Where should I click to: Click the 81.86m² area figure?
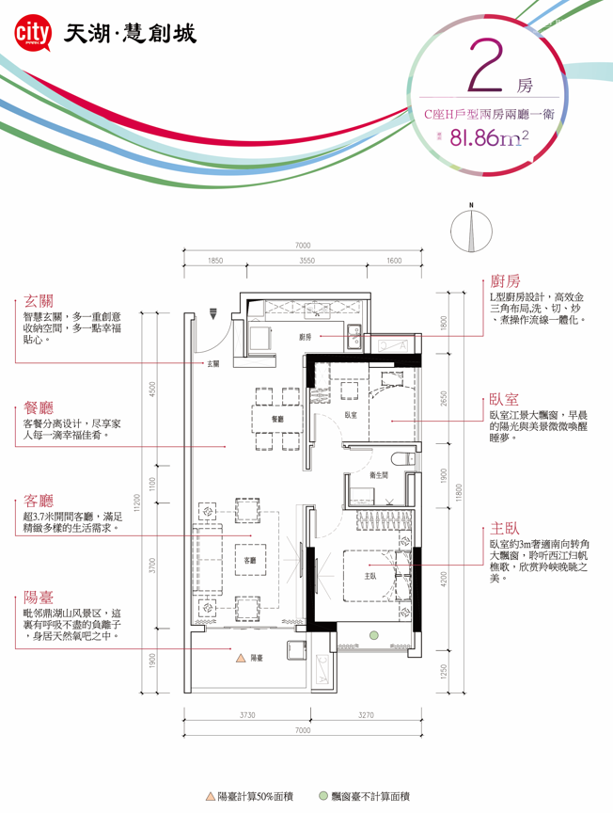(x=488, y=138)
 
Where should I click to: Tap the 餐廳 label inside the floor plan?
(x=277, y=419)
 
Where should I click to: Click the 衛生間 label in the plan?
(x=379, y=476)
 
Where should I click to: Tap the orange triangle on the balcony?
(x=242, y=658)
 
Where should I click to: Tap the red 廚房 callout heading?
(x=505, y=280)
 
